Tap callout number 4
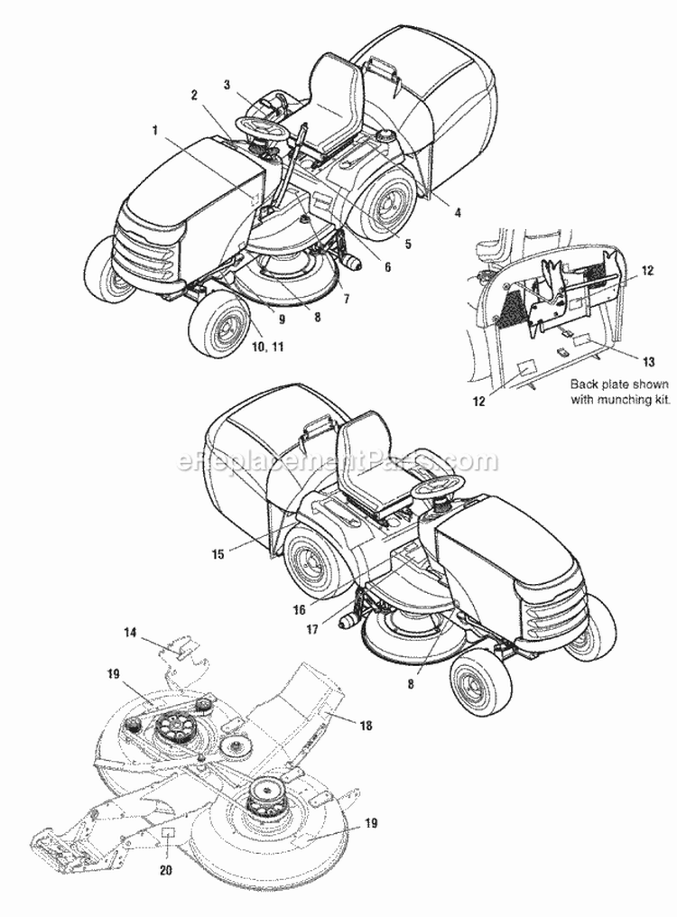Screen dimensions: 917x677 (x=458, y=212)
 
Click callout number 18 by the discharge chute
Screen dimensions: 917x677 (x=365, y=725)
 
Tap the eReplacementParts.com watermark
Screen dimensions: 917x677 (x=338, y=462)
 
